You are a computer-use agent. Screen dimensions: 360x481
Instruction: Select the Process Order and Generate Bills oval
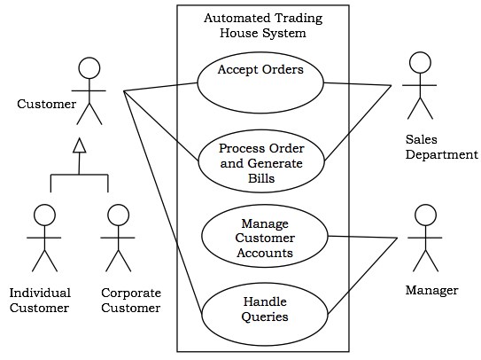tap(260, 162)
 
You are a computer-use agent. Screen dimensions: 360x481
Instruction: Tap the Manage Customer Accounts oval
tap(265, 237)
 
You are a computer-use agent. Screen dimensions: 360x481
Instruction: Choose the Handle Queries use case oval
tap(265, 307)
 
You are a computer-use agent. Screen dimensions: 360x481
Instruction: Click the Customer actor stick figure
tap(87, 93)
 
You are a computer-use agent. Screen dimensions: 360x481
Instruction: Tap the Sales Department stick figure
tap(419, 86)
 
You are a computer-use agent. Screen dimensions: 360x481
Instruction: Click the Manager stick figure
tap(423, 239)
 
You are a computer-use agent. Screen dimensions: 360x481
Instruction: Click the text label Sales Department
tap(441, 147)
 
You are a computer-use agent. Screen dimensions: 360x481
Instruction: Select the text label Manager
tap(431, 291)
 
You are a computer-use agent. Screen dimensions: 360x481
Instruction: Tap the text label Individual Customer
tap(40, 300)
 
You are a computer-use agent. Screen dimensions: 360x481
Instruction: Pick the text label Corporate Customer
tap(131, 300)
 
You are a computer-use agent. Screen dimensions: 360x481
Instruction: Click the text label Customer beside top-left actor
tap(46, 105)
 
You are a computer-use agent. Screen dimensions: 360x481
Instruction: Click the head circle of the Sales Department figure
tap(419, 62)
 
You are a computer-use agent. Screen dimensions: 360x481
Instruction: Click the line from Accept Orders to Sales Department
tap(357, 85)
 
